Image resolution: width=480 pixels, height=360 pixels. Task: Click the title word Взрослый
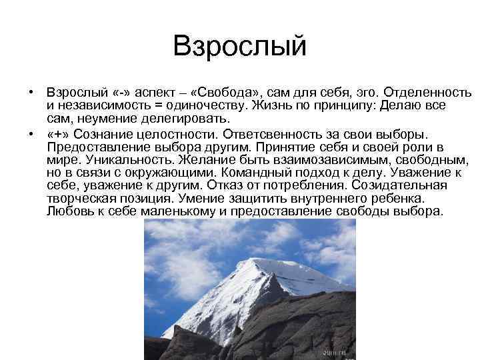(239, 47)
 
